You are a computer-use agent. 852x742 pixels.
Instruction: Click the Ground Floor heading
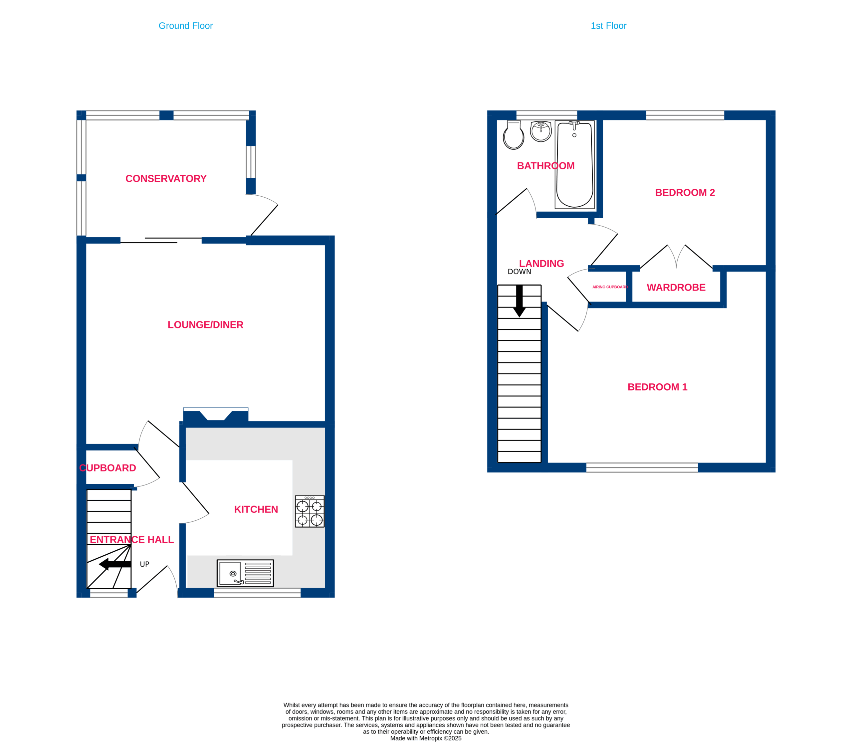(186, 26)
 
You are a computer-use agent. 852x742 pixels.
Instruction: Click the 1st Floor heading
(608, 26)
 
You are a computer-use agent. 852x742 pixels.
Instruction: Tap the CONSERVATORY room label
(166, 178)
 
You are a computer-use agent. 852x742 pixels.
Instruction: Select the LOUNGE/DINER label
(205, 325)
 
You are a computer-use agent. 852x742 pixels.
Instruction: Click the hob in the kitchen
(310, 511)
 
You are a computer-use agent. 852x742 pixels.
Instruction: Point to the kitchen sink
(245, 573)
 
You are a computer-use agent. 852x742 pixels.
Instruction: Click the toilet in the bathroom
(514, 135)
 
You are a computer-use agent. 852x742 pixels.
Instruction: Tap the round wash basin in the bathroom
(541, 131)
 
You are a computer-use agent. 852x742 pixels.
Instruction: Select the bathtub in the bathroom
(575, 164)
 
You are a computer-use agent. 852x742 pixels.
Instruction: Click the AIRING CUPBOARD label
(610, 287)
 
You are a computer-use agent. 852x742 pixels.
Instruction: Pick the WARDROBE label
(676, 287)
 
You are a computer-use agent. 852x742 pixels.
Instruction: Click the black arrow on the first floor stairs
(520, 301)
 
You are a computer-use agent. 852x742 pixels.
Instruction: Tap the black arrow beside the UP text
(115, 564)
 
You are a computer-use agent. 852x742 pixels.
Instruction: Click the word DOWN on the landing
(520, 272)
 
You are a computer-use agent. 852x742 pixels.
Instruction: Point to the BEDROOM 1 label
(657, 387)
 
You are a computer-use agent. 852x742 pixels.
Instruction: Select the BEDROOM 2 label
(685, 193)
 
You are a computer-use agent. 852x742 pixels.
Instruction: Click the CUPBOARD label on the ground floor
(108, 468)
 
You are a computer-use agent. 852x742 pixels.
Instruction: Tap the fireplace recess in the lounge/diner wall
(216, 415)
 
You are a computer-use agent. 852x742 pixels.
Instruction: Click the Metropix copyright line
(426, 738)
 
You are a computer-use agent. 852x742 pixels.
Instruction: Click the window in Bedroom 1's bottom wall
(642, 467)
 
